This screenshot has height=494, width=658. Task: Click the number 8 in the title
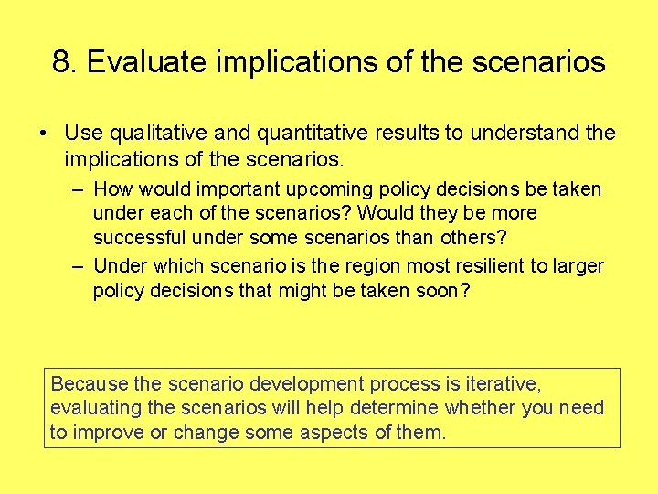pyautogui.click(x=61, y=62)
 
